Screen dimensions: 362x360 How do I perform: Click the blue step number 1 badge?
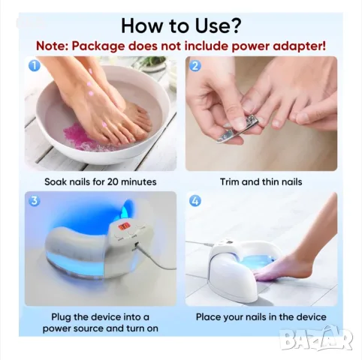click(35, 65)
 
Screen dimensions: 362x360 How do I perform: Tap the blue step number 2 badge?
click(195, 65)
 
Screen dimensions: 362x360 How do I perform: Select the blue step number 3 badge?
click(35, 201)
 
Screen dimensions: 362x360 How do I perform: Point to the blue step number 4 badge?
click(195, 201)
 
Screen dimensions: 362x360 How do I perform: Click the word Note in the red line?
click(52, 46)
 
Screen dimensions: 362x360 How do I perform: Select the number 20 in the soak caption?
click(113, 181)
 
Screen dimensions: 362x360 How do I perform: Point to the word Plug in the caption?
click(62, 317)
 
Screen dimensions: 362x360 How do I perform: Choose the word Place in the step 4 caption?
click(208, 317)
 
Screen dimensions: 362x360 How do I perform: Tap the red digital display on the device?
click(124, 226)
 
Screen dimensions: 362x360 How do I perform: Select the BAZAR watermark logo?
click(316, 339)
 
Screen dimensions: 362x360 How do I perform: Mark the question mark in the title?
click(235, 25)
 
